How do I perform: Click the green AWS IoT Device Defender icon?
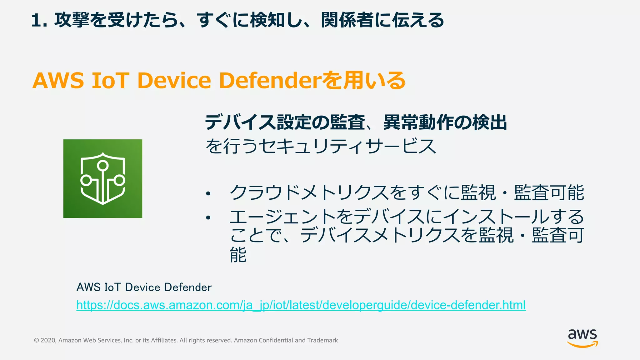(x=102, y=178)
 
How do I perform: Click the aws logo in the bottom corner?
(x=582, y=338)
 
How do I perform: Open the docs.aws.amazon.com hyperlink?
(x=301, y=305)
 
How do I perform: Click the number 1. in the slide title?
(x=39, y=21)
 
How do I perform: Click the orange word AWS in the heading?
(x=58, y=80)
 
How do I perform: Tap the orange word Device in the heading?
(x=174, y=80)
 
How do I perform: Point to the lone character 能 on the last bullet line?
(x=238, y=255)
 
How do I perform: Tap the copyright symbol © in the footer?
(x=37, y=340)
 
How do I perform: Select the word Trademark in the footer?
(x=322, y=340)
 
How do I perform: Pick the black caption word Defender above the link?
(x=188, y=287)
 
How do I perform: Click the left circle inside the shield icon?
(x=86, y=180)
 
